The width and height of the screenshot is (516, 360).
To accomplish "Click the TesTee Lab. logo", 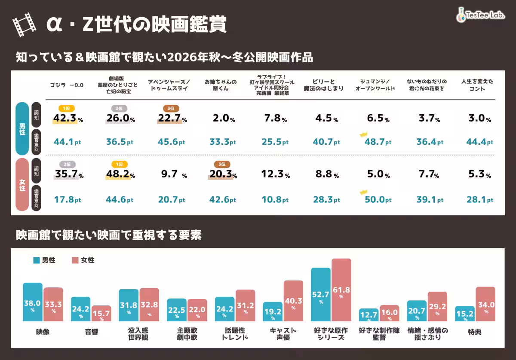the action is coord(480,15).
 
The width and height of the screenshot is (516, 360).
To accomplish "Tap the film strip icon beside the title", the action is coord(25,24).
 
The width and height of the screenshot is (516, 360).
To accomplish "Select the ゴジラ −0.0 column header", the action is coord(67,85).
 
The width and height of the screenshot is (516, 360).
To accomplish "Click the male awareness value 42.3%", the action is coord(68,118).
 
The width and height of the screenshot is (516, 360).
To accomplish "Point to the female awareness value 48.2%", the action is coord(120,174).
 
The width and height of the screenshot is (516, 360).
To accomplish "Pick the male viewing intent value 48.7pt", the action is coord(378,142).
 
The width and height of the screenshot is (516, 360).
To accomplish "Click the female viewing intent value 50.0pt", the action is coord(378,200).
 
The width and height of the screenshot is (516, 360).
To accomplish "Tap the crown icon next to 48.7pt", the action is coord(363,134).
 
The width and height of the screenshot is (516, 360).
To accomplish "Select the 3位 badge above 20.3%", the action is coord(222,164).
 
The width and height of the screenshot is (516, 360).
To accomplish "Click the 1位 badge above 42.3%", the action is coord(67,108).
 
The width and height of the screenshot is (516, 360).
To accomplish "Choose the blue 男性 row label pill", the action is coord(22,129).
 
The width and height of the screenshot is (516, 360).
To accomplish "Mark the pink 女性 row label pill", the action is coord(22,185).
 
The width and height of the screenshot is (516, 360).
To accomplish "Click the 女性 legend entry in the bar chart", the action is coord(83,260).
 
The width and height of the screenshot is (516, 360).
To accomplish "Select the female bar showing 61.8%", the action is coord(341,290).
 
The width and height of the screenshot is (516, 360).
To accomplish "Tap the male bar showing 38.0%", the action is coord(33,302).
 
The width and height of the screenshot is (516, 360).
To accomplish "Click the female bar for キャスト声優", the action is coord(293,301).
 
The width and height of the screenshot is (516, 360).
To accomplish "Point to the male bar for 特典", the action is coord(465,314).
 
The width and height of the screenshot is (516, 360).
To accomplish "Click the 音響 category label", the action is coord(92,332).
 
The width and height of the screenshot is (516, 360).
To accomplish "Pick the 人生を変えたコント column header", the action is coord(477,85).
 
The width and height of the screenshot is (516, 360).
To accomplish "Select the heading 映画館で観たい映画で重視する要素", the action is coord(109,235).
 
